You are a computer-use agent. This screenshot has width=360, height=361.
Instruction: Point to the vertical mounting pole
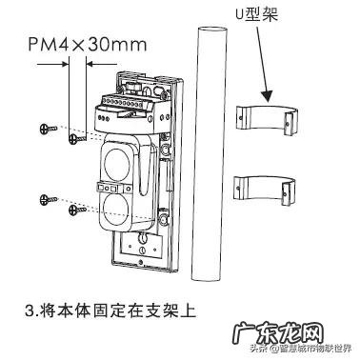click(x=205, y=152)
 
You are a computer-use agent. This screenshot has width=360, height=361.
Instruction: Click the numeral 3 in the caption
click(x=35, y=311)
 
